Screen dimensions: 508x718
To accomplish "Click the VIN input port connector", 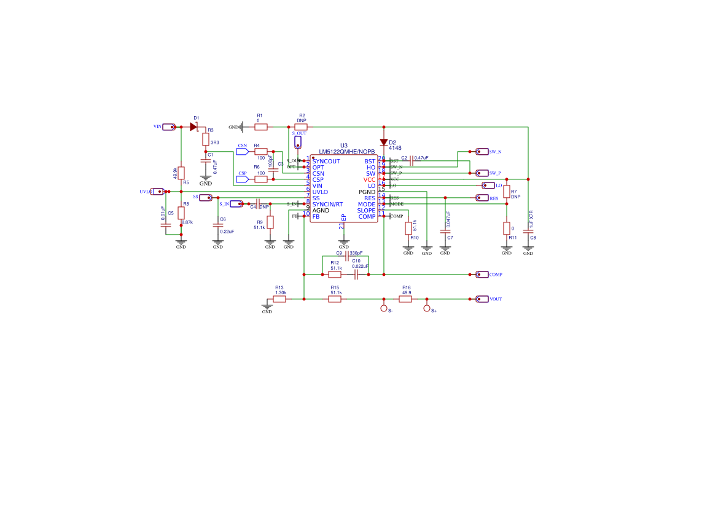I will point(169,127).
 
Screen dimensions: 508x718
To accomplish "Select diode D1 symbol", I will point(193,127).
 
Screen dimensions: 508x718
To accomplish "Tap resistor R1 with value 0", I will point(261,127).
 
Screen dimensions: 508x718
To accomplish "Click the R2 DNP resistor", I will point(301,127).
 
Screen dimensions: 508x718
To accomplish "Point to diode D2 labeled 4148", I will point(384,142).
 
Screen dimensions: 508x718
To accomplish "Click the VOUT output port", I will point(483,299).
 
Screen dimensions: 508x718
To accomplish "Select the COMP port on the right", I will point(483,275).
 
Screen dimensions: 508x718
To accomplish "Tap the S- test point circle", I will point(384,308).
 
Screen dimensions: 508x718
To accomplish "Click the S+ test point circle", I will point(427,308).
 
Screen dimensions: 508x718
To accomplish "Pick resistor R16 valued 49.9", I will point(405,299).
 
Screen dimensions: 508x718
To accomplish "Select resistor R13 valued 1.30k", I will point(280,299).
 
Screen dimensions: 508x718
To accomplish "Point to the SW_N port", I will point(483,151).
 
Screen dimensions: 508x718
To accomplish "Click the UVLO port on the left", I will point(157,192).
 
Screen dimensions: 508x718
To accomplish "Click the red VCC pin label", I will point(369,179).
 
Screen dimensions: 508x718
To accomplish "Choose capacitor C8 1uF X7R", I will point(528,230).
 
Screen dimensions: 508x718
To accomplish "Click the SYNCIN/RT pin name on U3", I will point(327,204).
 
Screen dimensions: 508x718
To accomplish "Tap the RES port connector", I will point(483,198).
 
